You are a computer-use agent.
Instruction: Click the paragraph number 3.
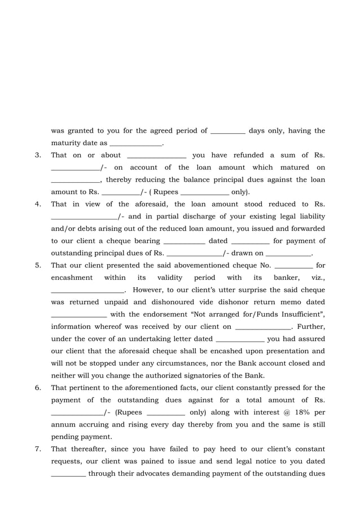coord(37,155)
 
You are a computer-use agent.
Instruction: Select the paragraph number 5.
coord(37,265)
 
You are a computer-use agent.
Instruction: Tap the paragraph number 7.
coord(37,449)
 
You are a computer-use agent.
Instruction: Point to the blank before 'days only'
coord(227,131)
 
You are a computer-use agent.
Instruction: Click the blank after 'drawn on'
coord(288,253)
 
